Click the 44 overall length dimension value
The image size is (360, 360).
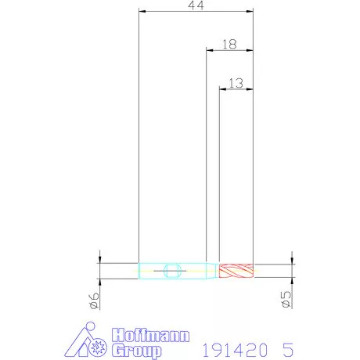[196, 5]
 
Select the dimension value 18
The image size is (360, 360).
[229, 45]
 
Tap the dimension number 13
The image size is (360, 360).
[236, 83]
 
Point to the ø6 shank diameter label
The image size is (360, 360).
[94, 301]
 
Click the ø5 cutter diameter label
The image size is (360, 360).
[286, 299]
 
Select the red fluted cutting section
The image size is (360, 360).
[236, 271]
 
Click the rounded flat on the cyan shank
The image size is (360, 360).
[172, 271]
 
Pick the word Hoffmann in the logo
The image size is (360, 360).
[151, 335]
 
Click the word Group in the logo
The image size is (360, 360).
[137, 351]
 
